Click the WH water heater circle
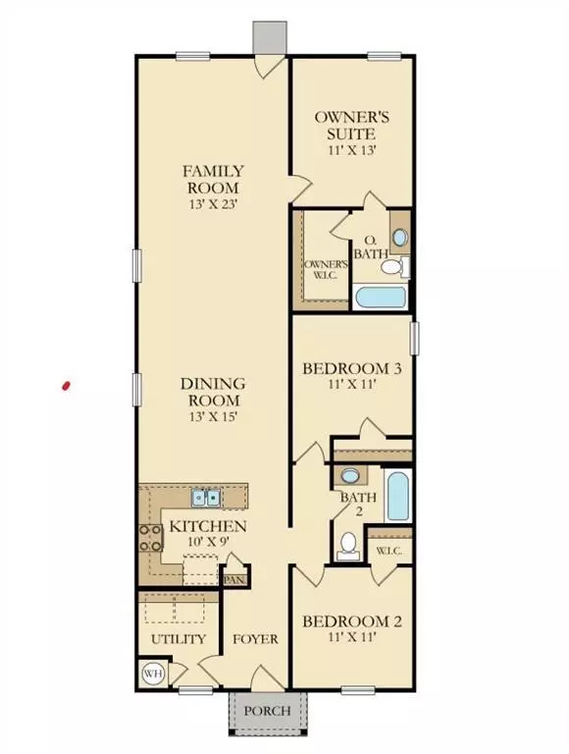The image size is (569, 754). tap(153, 673)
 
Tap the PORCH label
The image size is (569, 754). tap(267, 710)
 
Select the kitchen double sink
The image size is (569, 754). tap(206, 497)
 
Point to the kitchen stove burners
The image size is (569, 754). tap(150, 538)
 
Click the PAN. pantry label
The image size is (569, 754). tap(235, 580)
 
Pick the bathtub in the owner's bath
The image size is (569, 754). tap(380, 297)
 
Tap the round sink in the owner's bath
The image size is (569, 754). tap(399, 238)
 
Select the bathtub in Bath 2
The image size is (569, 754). tap(397, 496)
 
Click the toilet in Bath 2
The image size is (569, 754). tap(348, 546)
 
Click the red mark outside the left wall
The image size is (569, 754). tap(66, 386)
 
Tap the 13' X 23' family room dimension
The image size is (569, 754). tap(214, 203)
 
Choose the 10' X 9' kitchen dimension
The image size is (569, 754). tap(208, 541)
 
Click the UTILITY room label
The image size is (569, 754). tap(179, 639)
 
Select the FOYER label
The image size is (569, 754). tap(255, 639)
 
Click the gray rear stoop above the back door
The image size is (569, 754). tap(271, 36)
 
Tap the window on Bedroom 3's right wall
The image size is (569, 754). tap(414, 339)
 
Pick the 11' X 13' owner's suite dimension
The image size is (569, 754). tap(352, 150)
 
